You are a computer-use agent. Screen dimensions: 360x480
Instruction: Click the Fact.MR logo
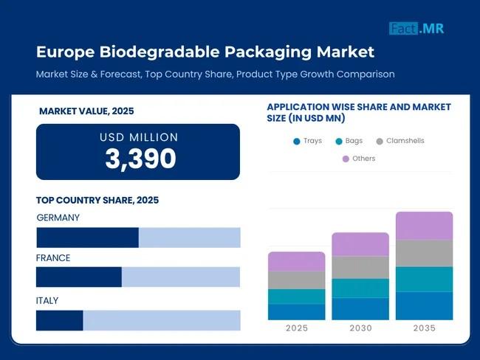point(417,29)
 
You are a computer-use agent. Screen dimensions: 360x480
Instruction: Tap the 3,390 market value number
point(140,159)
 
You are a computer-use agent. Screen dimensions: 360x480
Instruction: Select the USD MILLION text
point(139,137)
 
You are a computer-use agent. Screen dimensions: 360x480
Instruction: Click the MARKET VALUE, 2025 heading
point(86,111)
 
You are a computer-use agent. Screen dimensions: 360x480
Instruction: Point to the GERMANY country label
point(58,218)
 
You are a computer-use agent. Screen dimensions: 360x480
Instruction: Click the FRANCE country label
point(53,258)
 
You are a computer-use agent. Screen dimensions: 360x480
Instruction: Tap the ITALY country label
point(47,301)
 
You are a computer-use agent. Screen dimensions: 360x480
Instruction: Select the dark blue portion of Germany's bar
point(87,238)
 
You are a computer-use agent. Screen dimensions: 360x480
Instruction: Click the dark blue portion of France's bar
point(78,277)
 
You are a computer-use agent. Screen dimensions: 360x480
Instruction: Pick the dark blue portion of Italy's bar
point(59,320)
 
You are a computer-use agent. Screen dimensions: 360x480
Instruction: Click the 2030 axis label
point(360,328)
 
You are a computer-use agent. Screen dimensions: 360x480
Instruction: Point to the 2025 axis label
point(297,328)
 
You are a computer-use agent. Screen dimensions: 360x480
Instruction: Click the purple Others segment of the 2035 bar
point(424,226)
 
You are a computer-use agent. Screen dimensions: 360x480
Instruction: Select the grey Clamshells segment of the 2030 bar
point(360,267)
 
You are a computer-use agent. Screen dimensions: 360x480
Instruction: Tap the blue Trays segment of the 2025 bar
point(297,311)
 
